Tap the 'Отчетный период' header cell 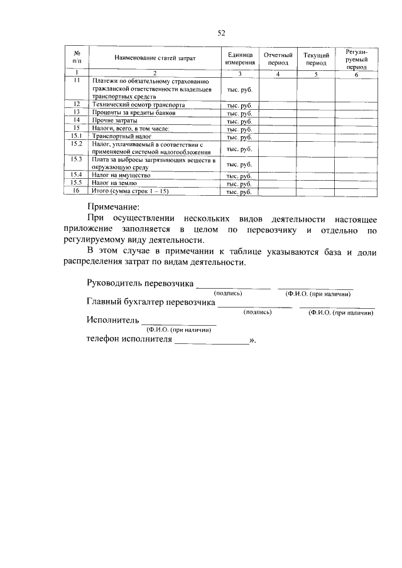[278, 59]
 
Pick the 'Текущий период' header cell [316, 59]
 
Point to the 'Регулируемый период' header [356, 58]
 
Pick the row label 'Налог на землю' [114, 183]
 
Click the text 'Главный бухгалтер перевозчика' [151, 302]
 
